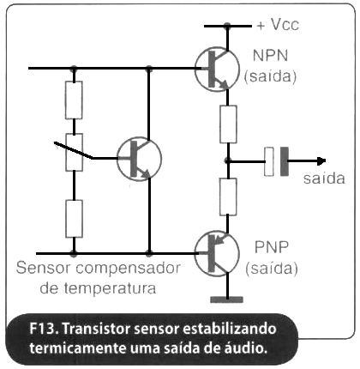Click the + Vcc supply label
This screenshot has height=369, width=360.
278,25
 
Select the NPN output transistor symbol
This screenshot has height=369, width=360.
217,70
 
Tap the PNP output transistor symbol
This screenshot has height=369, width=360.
217,254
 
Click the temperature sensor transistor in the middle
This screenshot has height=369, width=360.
140,159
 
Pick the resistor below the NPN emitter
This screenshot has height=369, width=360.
228,124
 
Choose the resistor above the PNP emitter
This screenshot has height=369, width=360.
228,197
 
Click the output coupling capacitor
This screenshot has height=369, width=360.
276,161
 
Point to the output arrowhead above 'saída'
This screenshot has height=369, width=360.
321,161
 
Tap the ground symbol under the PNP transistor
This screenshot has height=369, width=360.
227,299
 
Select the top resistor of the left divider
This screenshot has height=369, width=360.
74,100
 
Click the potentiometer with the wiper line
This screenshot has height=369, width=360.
74,152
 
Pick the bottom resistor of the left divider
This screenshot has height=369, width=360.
74,219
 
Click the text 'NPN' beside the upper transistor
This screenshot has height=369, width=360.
270,55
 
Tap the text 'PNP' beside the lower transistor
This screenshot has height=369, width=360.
272,247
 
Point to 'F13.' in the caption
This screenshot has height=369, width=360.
44,329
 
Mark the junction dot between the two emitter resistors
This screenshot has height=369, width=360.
227,161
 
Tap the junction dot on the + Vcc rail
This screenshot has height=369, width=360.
227,26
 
